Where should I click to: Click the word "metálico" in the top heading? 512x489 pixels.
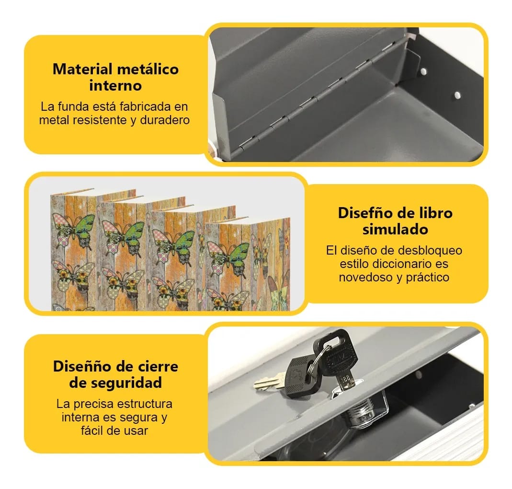[148, 70]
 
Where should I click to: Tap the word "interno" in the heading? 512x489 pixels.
[115, 86]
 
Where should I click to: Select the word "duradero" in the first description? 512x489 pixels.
[165, 120]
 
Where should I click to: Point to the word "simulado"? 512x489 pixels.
[395, 230]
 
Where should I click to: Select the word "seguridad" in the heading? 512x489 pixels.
[129, 383]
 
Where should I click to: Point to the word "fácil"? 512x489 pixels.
[91, 431]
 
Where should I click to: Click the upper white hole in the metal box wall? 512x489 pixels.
[423, 71]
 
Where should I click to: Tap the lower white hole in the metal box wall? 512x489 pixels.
[457, 95]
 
